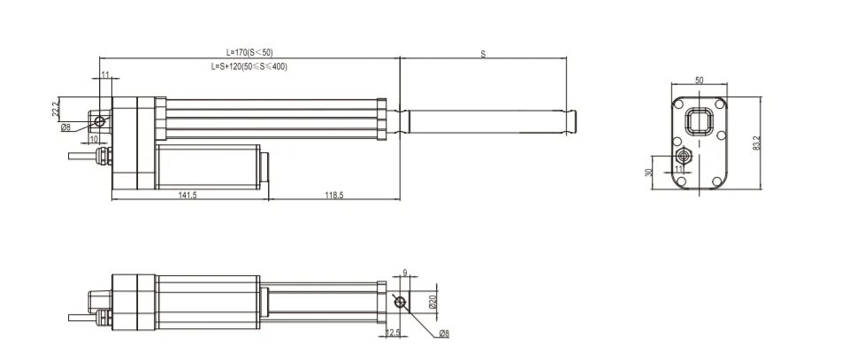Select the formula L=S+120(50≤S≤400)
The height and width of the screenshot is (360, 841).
tap(249, 66)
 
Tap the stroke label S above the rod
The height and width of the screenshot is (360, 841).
tap(483, 54)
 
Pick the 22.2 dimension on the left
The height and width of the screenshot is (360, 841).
tap(56, 108)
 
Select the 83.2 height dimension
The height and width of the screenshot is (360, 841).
tap(757, 141)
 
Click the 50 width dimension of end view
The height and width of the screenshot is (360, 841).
tap(700, 80)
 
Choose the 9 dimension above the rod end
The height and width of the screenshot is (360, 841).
tap(403, 273)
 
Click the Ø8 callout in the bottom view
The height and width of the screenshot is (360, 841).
tap(444, 333)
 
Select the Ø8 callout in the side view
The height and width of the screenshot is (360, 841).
tap(65, 127)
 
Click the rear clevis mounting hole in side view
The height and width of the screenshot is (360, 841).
tap(100, 120)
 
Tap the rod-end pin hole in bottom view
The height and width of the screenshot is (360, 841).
tap(403, 303)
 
